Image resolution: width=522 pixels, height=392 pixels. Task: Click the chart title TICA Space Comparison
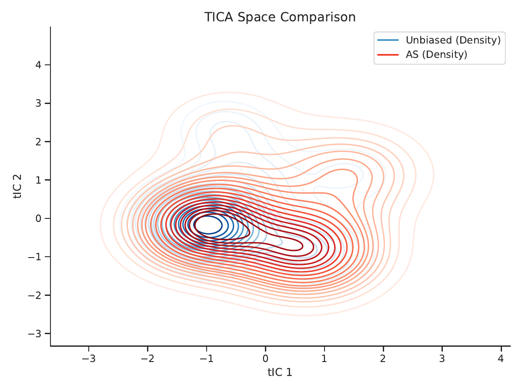pyautogui.click(x=280, y=17)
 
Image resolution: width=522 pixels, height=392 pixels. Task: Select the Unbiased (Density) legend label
pyautogui.click(x=453, y=40)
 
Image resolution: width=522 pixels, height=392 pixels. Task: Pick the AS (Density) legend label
pyautogui.click(x=436, y=55)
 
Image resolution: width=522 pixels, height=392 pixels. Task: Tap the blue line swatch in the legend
pyautogui.click(x=388, y=40)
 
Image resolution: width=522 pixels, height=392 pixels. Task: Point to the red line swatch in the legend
pyautogui.click(x=388, y=55)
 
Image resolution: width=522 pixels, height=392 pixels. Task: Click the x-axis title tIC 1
pyautogui.click(x=280, y=372)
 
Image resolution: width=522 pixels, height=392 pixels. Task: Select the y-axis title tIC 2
pyautogui.click(x=17, y=186)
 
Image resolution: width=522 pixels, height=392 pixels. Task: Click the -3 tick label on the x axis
pyautogui.click(x=89, y=358)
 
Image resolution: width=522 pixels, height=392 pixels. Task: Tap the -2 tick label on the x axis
pyautogui.click(x=147, y=358)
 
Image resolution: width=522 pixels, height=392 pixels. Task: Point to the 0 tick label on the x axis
pyautogui.click(x=266, y=358)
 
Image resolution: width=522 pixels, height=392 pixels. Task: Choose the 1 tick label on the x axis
pyautogui.click(x=325, y=358)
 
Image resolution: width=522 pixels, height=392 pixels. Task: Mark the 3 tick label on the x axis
pyautogui.click(x=442, y=358)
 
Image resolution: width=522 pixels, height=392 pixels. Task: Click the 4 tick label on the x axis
pyautogui.click(x=501, y=358)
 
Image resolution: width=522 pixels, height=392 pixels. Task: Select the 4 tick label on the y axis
pyautogui.click(x=38, y=65)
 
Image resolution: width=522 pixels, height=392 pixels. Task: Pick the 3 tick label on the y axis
pyautogui.click(x=38, y=103)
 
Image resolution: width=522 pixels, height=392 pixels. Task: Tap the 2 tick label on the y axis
pyautogui.click(x=38, y=142)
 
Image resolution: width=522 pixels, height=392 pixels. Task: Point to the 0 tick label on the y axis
pyautogui.click(x=38, y=218)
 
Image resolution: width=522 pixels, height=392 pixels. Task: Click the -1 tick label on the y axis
pyautogui.click(x=35, y=257)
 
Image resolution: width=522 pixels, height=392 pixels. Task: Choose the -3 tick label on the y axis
pyautogui.click(x=35, y=334)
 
